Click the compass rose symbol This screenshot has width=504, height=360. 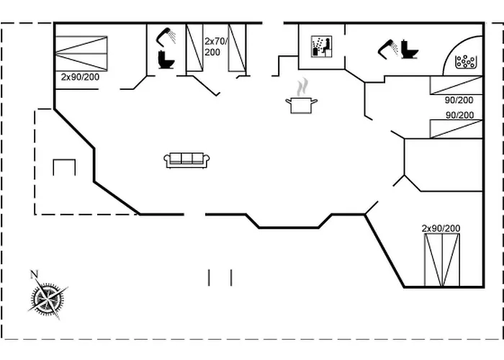coord(48,297)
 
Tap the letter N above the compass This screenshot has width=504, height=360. coord(33,274)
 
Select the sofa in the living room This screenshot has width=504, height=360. coord(186,160)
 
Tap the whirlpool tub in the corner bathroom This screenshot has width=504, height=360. coord(467,60)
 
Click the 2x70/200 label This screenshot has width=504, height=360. coord(216,47)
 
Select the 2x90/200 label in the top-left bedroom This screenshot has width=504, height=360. coord(79,76)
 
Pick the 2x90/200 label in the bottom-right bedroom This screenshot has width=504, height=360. coord(441,228)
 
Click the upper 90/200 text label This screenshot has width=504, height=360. coord(459,100)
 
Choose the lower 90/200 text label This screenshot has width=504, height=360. coord(459,115)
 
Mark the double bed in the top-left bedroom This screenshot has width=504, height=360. coord(81,53)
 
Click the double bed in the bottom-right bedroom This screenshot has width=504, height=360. coord(441,260)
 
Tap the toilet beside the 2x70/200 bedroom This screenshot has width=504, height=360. coord(166,59)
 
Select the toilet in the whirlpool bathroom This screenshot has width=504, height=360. coord(410,49)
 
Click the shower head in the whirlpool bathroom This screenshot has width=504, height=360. coord(387,47)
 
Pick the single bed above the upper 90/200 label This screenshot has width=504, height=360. coord(456,85)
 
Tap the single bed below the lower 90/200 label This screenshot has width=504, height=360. coord(456,129)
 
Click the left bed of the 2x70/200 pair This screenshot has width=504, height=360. coord(194,48)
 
